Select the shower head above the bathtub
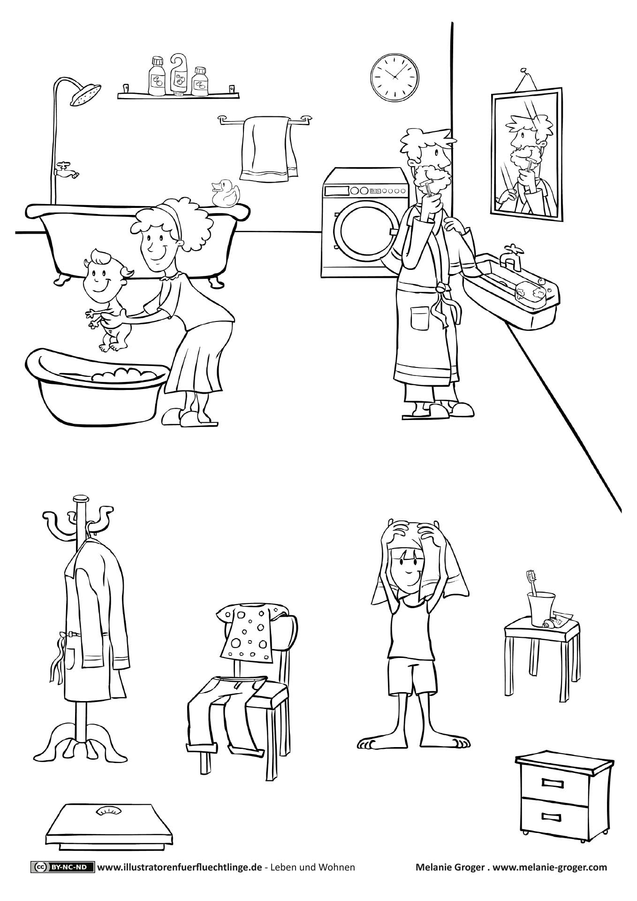click(x=85, y=95)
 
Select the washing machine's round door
click(x=362, y=233)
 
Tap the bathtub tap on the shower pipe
click(x=66, y=170)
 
